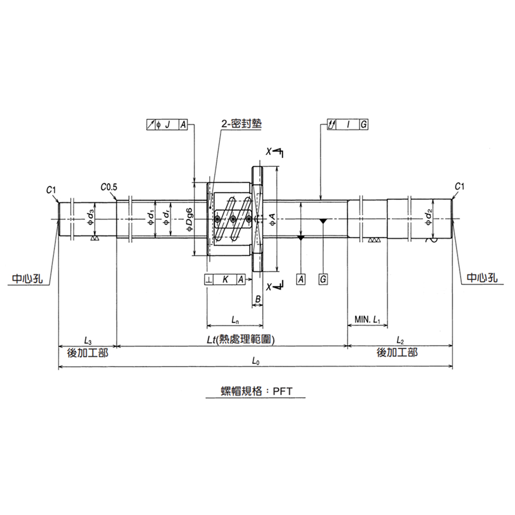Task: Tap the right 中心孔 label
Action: tap(482, 278)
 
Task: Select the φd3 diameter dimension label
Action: tap(90, 218)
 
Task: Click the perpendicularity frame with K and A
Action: tap(225, 279)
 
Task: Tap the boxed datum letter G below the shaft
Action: tap(323, 279)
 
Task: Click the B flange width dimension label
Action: tap(258, 299)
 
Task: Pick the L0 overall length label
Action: tap(256, 362)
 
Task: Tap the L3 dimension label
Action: tap(88, 341)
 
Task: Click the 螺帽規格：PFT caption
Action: tap(256, 391)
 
